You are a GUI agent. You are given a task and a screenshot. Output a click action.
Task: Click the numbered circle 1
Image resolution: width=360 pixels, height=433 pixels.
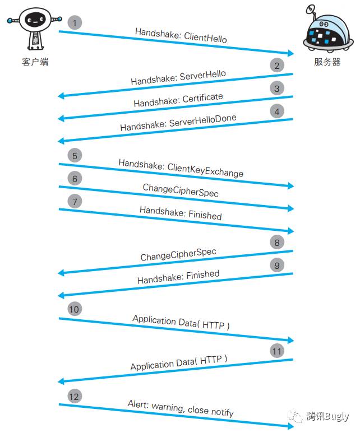click(x=75, y=23)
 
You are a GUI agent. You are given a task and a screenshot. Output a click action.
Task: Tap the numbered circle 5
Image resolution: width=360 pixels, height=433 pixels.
click(x=75, y=155)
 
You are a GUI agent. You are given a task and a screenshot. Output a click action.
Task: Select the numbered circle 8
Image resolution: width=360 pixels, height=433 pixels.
click(x=276, y=243)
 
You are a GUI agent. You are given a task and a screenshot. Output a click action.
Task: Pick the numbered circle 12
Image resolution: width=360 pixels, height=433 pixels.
click(x=75, y=396)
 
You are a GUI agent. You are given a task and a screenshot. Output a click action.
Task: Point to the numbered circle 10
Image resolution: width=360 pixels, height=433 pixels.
click(x=75, y=309)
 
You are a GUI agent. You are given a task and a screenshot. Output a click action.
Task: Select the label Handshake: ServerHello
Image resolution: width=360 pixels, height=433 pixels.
click(x=178, y=78)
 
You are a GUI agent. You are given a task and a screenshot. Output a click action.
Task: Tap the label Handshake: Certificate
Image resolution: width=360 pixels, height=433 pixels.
click(x=178, y=100)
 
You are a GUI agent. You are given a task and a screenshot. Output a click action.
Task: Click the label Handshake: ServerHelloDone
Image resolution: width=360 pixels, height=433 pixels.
click(x=178, y=123)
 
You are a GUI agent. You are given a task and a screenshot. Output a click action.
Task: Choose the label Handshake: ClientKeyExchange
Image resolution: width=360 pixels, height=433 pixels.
click(x=181, y=168)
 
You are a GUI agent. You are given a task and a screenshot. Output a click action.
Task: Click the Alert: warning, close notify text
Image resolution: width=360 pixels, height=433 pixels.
click(x=181, y=408)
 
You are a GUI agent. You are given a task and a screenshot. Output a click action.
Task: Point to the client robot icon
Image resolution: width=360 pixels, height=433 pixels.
click(x=35, y=28)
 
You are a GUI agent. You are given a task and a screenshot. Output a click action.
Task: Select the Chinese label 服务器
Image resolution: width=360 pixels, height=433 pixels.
click(x=327, y=62)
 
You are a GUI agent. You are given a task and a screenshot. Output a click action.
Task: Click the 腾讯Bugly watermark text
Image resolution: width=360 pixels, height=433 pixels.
click(x=327, y=417)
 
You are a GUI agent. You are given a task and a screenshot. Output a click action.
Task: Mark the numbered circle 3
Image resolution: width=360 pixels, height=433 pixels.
click(x=276, y=88)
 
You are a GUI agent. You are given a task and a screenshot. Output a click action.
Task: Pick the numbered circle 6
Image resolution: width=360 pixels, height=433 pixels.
click(x=75, y=178)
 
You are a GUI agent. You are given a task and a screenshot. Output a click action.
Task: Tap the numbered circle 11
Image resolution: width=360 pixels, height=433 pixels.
click(x=276, y=351)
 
